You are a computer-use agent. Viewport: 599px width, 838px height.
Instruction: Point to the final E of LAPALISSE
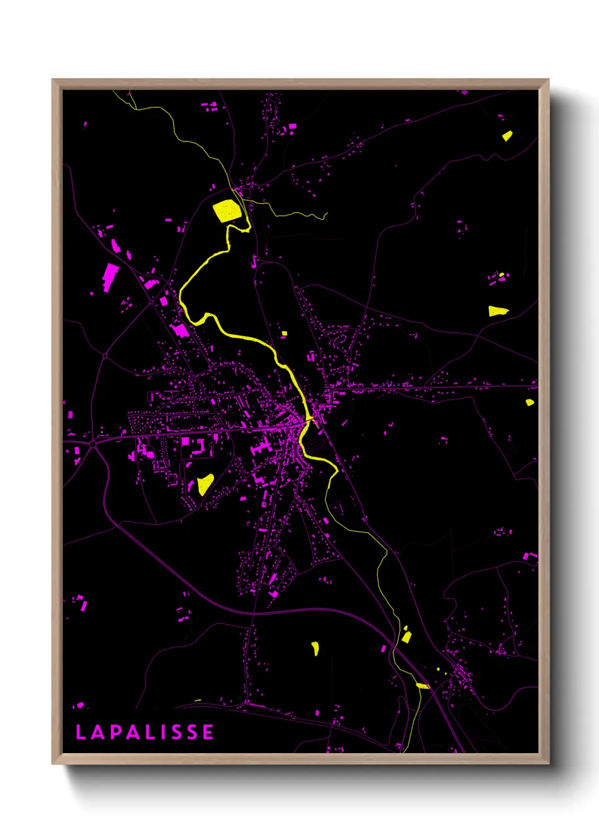pyautogui.click(x=208, y=732)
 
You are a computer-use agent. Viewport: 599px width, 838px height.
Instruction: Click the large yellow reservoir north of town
pyautogui.click(x=227, y=211)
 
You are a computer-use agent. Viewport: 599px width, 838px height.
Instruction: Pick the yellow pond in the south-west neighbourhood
pyautogui.click(x=204, y=484)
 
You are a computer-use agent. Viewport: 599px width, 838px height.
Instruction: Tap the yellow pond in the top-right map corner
pyautogui.click(x=507, y=136)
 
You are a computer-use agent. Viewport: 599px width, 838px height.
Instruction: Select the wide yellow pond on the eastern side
pyautogui.click(x=498, y=311)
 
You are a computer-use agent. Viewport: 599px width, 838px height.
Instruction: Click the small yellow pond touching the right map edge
pyautogui.click(x=529, y=402)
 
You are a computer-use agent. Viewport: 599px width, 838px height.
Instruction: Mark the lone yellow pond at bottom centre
pyautogui.click(x=315, y=648)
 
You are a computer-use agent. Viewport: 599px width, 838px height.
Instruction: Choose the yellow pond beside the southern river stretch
pyautogui.click(x=406, y=636)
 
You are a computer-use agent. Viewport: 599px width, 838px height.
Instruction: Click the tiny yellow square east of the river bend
pyautogui.click(x=284, y=334)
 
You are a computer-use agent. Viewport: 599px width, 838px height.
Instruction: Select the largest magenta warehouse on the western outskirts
pyautogui.click(x=110, y=276)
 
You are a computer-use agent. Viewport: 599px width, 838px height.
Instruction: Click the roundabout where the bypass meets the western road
pyautogui.click(x=92, y=444)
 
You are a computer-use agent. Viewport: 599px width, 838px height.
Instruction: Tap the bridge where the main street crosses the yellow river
pyautogui.click(x=309, y=419)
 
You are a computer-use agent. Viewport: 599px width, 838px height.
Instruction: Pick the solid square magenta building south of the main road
pyautogui.click(x=185, y=441)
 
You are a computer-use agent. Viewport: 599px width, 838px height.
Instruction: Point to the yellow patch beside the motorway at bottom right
pyautogui.click(x=422, y=686)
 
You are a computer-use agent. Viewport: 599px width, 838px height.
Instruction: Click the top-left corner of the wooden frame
pyautogui.click(x=53, y=80)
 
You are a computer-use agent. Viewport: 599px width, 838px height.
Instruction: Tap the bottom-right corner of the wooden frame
pyautogui.click(x=548, y=763)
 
